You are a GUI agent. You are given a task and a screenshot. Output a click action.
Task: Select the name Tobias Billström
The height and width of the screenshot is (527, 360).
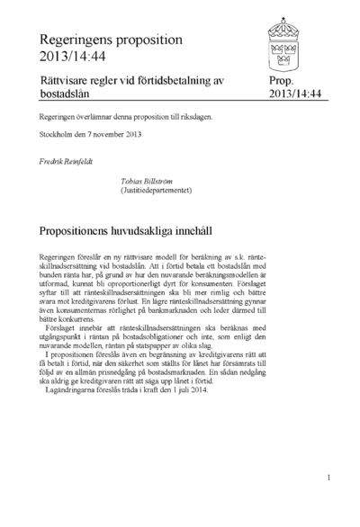tap(148, 181)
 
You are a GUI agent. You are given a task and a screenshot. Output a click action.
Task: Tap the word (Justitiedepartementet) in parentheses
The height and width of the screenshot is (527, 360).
tap(158, 191)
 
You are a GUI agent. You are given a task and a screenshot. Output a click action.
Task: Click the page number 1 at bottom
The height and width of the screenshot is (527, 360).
tap(329, 478)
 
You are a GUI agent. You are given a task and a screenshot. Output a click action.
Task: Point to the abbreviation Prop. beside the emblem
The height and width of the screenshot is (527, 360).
tap(282, 81)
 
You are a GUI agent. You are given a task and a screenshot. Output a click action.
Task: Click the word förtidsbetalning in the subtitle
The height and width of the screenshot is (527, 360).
tap(170, 81)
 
